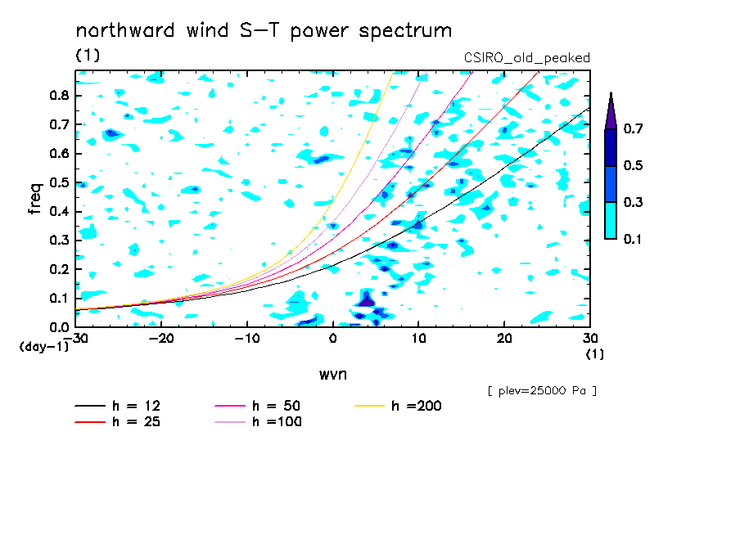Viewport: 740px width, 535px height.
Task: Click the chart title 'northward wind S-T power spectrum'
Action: click(264, 30)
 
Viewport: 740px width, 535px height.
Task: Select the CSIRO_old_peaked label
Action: click(526, 58)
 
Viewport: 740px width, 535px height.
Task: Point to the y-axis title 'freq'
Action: click(35, 198)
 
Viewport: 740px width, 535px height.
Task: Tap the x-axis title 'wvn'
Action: click(333, 375)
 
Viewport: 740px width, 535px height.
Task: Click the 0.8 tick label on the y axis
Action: click(59, 95)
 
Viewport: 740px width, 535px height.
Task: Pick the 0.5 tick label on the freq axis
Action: click(59, 182)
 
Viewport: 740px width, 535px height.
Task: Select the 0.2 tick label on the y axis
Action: click(59, 269)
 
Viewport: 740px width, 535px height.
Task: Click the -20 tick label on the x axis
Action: click(161, 339)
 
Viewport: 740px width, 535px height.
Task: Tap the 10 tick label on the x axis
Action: click(418, 339)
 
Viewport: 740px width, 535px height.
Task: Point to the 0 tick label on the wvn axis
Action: click(333, 339)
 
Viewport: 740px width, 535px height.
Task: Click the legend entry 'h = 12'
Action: click(118, 406)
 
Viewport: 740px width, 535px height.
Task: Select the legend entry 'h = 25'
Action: click(118, 421)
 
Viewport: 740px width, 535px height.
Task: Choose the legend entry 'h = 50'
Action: click(258, 406)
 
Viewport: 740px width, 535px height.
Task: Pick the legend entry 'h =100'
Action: click(258, 421)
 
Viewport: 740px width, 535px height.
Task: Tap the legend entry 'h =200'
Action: click(399, 406)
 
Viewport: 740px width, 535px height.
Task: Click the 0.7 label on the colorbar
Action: click(633, 128)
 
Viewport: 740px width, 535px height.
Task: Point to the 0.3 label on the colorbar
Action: click(633, 202)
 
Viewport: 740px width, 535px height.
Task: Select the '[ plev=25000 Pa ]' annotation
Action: click(542, 391)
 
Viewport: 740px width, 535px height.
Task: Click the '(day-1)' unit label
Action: click(43, 347)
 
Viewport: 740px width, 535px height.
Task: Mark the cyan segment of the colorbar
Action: click(611, 221)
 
